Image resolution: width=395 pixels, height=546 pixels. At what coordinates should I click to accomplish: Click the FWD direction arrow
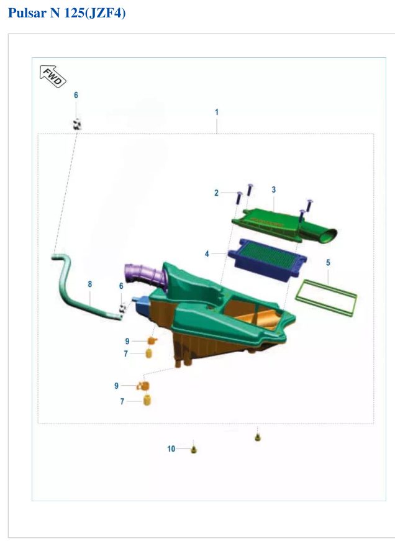pos(53,76)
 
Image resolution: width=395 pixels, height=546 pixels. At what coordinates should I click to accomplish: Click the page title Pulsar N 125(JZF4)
pos(67,13)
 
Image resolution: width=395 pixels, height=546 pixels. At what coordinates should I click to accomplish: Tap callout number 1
pos(217,112)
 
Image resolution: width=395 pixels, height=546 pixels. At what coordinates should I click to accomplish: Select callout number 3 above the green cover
pos(273,189)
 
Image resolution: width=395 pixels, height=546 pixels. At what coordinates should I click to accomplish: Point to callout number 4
pos(207,254)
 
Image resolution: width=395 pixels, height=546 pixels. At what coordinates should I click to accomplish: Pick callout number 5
pos(328,263)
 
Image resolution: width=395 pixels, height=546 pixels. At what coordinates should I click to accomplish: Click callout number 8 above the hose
pos(90,284)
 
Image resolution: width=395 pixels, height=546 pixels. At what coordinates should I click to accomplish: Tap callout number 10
pos(171,449)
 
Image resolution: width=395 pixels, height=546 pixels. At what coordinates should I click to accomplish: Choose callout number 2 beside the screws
pos(217,193)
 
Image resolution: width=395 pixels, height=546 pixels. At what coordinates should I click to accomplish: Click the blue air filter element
pos(267,258)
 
